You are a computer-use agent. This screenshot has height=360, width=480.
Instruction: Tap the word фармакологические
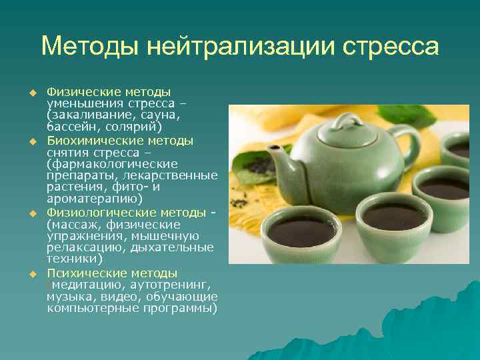[x=113, y=164]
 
